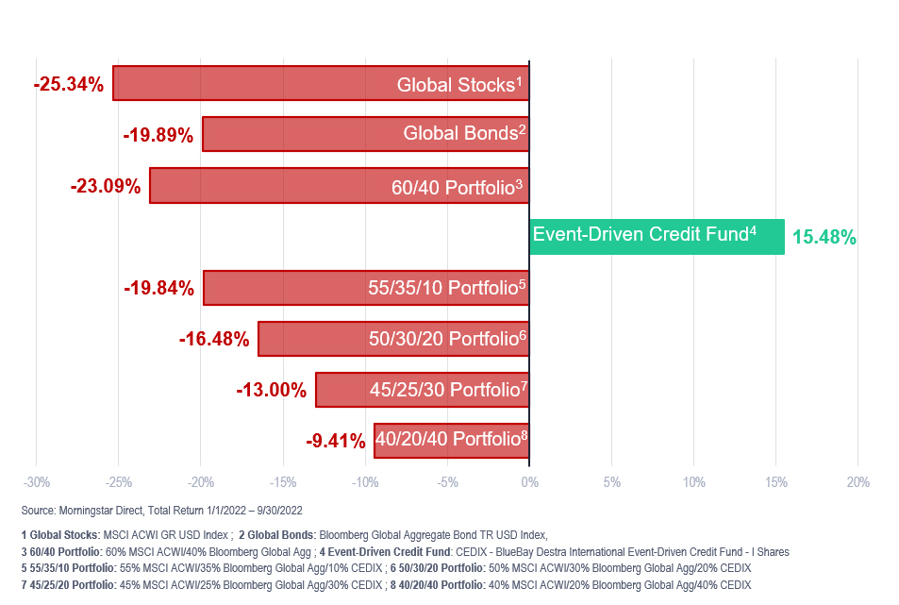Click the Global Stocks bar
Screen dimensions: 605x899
tap(321, 83)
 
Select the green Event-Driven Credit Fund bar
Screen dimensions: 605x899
tap(657, 236)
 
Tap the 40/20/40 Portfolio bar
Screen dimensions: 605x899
tap(451, 440)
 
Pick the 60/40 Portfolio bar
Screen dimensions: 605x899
tap(340, 186)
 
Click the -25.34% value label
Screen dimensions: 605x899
tap(68, 85)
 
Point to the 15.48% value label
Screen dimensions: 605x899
tap(824, 238)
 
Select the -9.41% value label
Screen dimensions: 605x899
tap(336, 441)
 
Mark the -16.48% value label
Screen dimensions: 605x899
tap(214, 339)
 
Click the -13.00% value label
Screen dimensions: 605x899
tap(272, 390)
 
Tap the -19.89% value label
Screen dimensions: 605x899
tap(158, 136)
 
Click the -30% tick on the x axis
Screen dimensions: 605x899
tap(36, 483)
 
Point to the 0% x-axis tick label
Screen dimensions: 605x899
tap(529, 483)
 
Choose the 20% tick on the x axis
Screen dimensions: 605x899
tap(857, 483)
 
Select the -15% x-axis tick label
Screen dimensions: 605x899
tap(282, 483)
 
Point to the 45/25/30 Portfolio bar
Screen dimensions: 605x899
tap(422, 389)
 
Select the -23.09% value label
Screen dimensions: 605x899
tap(106, 187)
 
